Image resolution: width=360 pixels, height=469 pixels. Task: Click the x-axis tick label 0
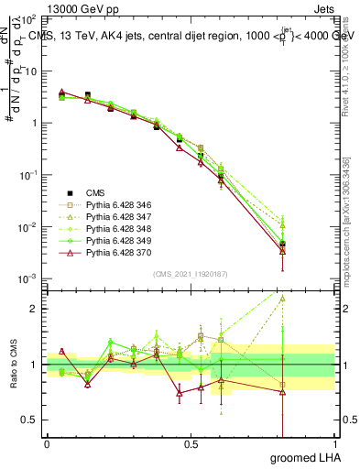47,444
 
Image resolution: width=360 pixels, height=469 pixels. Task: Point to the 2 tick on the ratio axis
35,309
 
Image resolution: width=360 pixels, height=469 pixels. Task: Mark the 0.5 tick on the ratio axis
31,420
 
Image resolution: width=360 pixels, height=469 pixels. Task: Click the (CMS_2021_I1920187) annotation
191,273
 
